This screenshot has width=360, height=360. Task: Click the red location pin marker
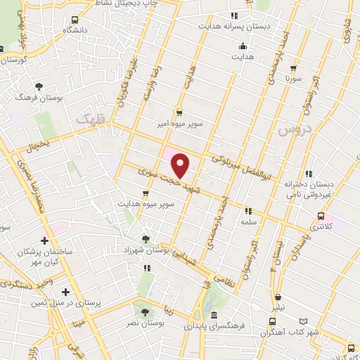(x=181, y=165)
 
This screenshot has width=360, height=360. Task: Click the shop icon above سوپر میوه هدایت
(x=146, y=193)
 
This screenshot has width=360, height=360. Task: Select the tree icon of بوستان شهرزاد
(x=146, y=239)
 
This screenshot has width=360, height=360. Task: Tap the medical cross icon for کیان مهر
(x=45, y=240)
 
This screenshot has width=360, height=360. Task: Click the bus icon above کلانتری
(x=321, y=217)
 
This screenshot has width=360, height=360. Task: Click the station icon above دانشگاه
(x=75, y=20)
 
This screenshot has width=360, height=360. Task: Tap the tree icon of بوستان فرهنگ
(x=39, y=86)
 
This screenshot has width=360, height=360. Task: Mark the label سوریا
(x=291, y=79)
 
